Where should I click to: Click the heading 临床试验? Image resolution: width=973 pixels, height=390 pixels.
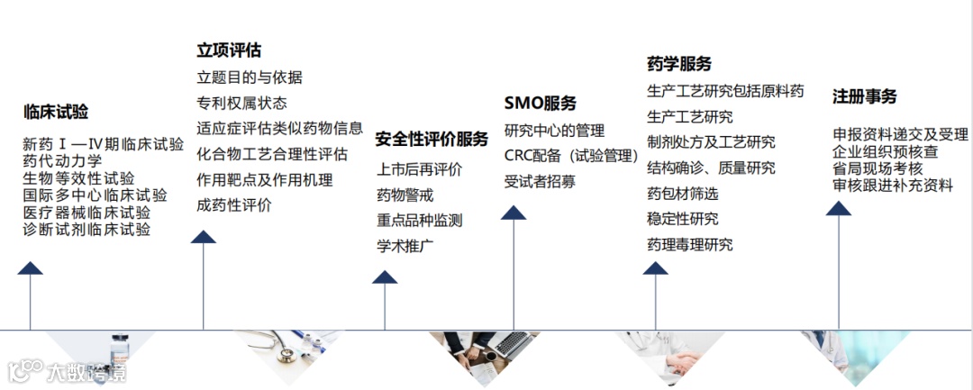pyautogui.click(x=56, y=113)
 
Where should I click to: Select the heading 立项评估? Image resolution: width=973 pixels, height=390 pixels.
pyautogui.click(x=229, y=50)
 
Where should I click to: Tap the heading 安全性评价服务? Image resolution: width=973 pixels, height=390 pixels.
pyautogui.click(x=432, y=139)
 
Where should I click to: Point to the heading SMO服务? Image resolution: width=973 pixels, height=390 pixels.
pyautogui.click(x=540, y=103)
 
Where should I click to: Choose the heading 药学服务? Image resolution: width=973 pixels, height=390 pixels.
pyautogui.click(x=679, y=64)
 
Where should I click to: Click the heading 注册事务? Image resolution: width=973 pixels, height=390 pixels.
pyautogui.click(x=865, y=96)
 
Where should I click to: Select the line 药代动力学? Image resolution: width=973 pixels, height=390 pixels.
pyautogui.click(x=63, y=160)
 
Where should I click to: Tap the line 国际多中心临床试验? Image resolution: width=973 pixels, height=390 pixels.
pyautogui.click(x=95, y=195)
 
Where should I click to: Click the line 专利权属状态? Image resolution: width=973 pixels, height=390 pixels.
pyautogui.click(x=241, y=103)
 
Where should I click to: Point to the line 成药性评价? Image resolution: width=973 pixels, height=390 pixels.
pyautogui.click(x=234, y=205)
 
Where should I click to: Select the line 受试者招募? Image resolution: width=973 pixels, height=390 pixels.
pyautogui.click(x=540, y=181)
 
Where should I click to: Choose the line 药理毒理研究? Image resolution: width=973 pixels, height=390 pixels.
pyautogui.click(x=690, y=244)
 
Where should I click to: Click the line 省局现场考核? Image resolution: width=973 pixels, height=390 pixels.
pyautogui.click(x=878, y=168)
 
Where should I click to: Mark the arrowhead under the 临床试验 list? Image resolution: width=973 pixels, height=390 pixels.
pyautogui.click(x=31, y=268)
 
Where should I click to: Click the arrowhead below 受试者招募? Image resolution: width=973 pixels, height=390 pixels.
pyautogui.click(x=514, y=213)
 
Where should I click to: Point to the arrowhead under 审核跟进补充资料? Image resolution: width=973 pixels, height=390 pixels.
pyautogui.click(x=839, y=208)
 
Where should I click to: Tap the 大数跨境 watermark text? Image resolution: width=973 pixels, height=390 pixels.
pyautogui.click(x=86, y=370)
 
